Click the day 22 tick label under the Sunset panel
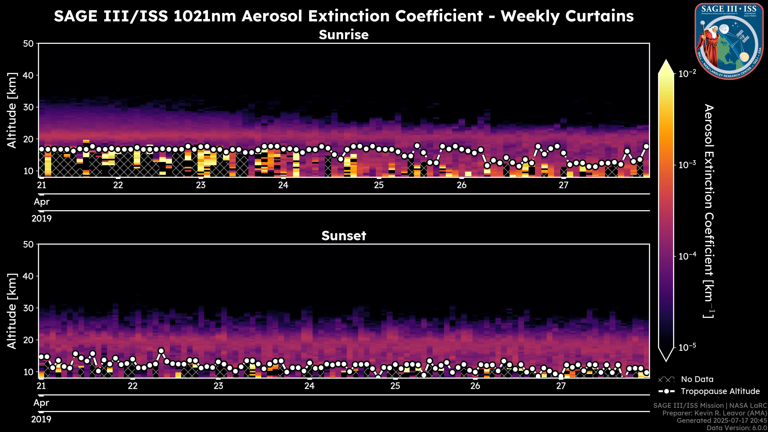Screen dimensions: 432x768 point(133,386)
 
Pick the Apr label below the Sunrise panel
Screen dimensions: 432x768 point(41,202)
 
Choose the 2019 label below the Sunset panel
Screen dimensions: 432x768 point(41,419)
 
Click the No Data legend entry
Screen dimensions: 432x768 point(697,379)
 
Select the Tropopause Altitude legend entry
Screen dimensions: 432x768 point(720,391)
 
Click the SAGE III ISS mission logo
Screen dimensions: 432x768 point(729,41)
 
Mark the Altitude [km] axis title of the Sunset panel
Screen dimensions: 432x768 point(12,311)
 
